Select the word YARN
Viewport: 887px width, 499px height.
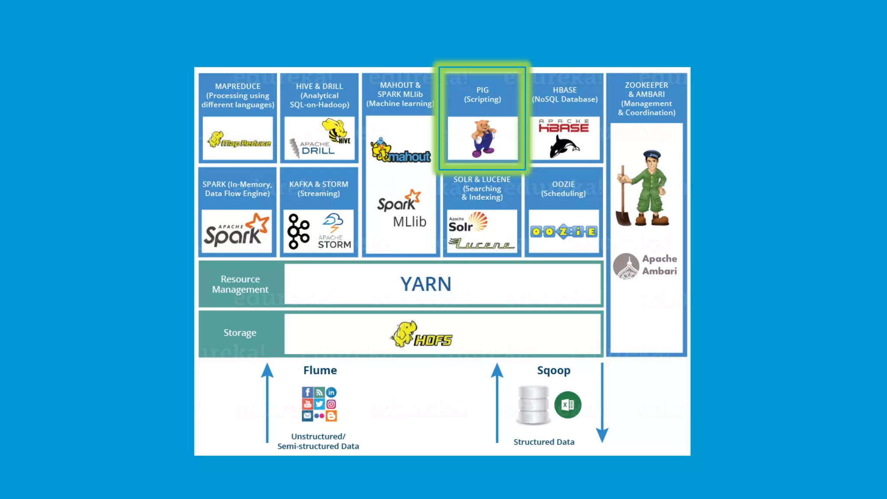(426, 284)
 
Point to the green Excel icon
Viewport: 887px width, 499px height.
(567, 405)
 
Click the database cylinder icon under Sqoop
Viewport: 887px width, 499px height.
(533, 405)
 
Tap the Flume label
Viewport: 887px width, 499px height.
(320, 370)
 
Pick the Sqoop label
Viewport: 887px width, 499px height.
(554, 370)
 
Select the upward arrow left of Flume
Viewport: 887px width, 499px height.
(267, 403)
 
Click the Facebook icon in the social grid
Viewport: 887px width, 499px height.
(307, 392)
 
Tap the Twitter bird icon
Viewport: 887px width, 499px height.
(319, 404)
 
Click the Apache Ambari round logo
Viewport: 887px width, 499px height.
(626, 266)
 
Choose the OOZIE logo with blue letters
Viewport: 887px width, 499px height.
(563, 232)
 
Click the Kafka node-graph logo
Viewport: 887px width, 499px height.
(298, 231)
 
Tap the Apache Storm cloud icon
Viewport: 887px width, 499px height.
(333, 222)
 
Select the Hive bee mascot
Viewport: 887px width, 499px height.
(334, 130)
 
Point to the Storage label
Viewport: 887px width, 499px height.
(240, 333)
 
